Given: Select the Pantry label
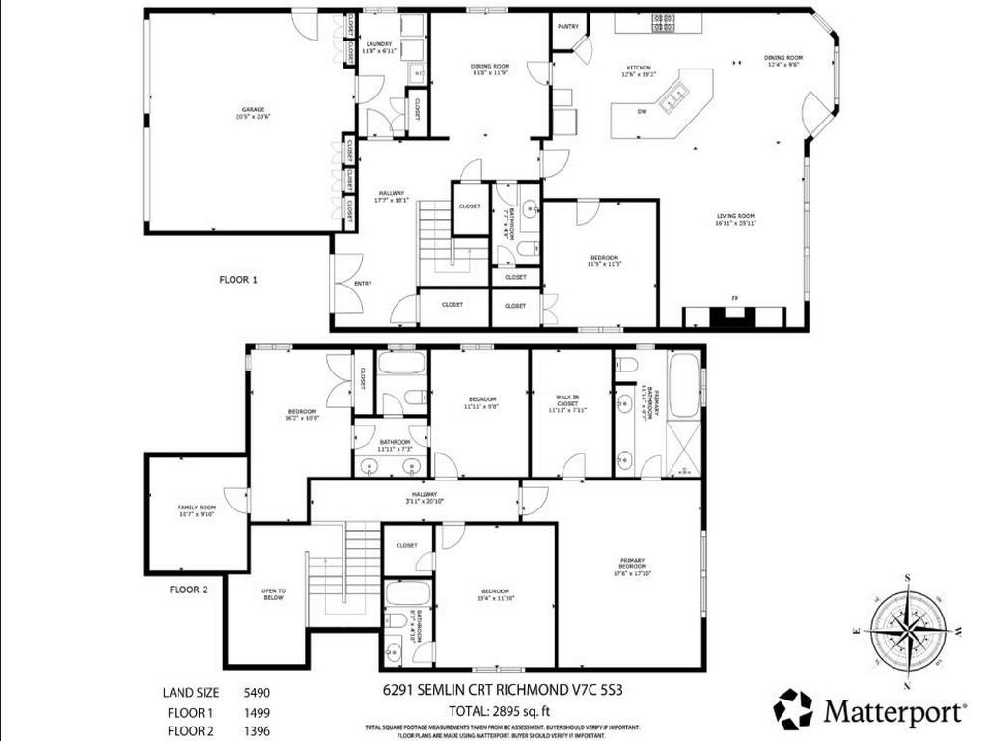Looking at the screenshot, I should click(x=567, y=26).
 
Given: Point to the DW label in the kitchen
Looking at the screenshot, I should click(x=642, y=111).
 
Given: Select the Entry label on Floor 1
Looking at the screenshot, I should click(x=362, y=283).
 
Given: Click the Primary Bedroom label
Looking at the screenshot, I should click(x=632, y=563).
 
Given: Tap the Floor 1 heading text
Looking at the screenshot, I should click(x=238, y=279).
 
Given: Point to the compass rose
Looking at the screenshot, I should click(x=908, y=632).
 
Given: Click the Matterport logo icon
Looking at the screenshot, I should click(x=792, y=709).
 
